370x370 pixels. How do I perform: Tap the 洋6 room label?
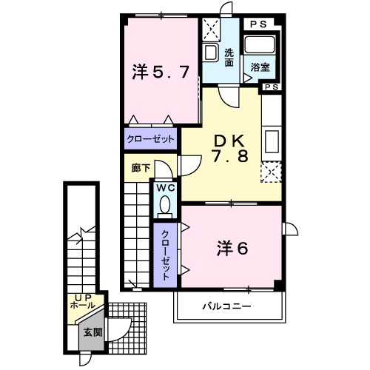pyautogui.click(x=232, y=248)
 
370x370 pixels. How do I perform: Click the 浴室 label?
pyautogui.click(x=260, y=67)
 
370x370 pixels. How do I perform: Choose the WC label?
pyautogui.click(x=165, y=188)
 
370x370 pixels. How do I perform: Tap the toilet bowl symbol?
pyautogui.click(x=165, y=205)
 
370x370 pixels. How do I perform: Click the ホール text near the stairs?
pyautogui.click(x=81, y=305)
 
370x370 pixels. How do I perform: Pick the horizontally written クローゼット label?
pyautogui.click(x=150, y=138)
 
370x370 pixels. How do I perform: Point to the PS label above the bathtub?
pyautogui.click(x=259, y=24)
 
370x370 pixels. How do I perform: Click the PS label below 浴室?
pyautogui.click(x=271, y=87)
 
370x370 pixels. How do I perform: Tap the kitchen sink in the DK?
pyautogui.click(x=271, y=141)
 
